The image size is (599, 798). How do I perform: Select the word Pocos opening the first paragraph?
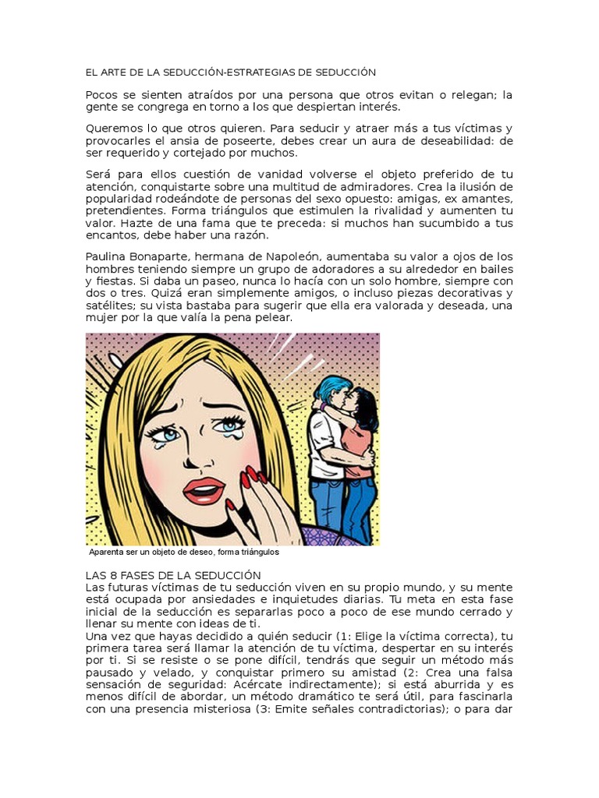[101, 95]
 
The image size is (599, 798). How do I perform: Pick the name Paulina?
[106, 256]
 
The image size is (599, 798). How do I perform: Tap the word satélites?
[108, 305]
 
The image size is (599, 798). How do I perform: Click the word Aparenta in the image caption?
[110, 553]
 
